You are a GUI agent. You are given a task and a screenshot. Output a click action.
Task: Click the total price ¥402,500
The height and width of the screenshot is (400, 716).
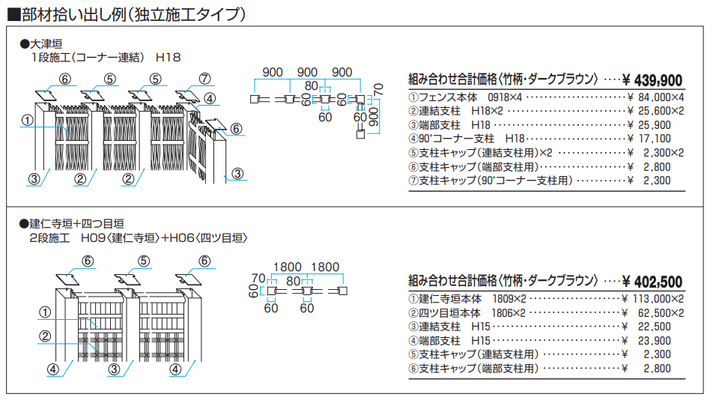652,282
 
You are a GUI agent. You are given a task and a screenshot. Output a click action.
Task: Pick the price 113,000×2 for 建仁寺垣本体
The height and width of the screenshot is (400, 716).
653,298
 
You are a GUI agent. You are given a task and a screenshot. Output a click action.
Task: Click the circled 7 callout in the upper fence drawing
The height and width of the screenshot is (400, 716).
205,79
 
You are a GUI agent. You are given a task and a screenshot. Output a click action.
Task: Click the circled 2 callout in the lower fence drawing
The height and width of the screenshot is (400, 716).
45,336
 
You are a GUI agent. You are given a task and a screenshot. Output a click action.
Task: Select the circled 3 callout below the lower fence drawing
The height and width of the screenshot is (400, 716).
113,369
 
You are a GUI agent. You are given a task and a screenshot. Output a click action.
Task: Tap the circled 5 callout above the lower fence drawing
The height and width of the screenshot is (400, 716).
143,261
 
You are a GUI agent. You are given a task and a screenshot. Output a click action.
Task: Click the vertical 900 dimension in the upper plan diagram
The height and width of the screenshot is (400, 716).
372,118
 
